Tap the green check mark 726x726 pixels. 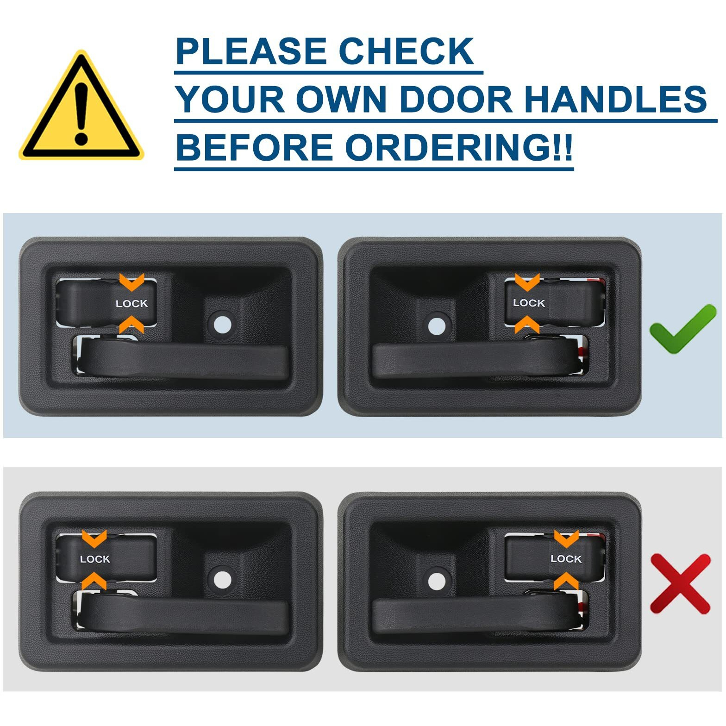tap(682, 330)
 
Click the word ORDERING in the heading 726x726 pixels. tap(458, 147)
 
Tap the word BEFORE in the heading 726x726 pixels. tap(254, 147)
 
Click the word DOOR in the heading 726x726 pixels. tap(456, 99)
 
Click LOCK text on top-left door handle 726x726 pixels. tap(131, 304)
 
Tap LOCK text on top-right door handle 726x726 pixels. tap(529, 303)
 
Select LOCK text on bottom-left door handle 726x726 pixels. tap(95, 559)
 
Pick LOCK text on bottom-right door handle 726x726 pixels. tap(566, 559)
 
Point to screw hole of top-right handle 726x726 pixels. tap(437, 325)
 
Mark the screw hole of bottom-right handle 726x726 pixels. tap(437, 582)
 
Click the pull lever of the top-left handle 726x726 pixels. tap(185, 361)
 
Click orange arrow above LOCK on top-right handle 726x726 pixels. tap(527, 282)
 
